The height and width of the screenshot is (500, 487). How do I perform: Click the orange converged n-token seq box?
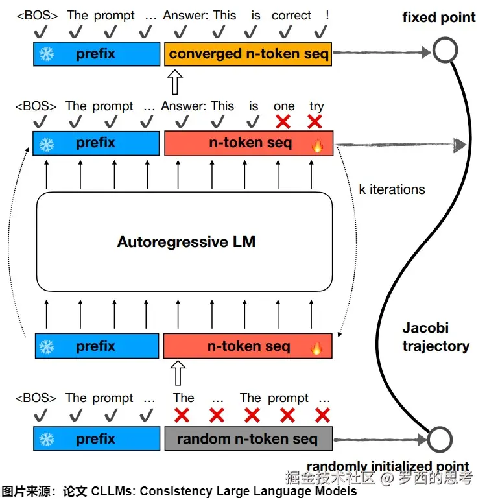(x=249, y=54)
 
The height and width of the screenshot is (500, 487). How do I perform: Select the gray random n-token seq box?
(x=248, y=439)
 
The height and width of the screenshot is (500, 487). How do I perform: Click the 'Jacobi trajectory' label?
(x=434, y=337)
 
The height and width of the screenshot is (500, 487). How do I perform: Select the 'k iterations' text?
(x=392, y=189)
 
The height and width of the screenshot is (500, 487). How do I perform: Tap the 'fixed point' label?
(x=438, y=18)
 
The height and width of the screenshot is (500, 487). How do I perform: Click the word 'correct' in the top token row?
(x=291, y=15)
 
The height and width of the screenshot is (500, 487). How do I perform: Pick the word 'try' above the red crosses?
(x=316, y=106)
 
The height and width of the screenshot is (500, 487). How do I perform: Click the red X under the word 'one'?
(x=283, y=121)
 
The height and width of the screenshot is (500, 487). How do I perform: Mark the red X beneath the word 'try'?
(x=315, y=121)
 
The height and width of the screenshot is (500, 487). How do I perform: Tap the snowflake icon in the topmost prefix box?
(x=47, y=54)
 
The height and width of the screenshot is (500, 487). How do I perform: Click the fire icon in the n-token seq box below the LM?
(x=316, y=348)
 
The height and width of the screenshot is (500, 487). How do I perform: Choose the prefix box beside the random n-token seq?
(x=97, y=439)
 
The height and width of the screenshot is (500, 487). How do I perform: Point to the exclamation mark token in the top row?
(x=327, y=15)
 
